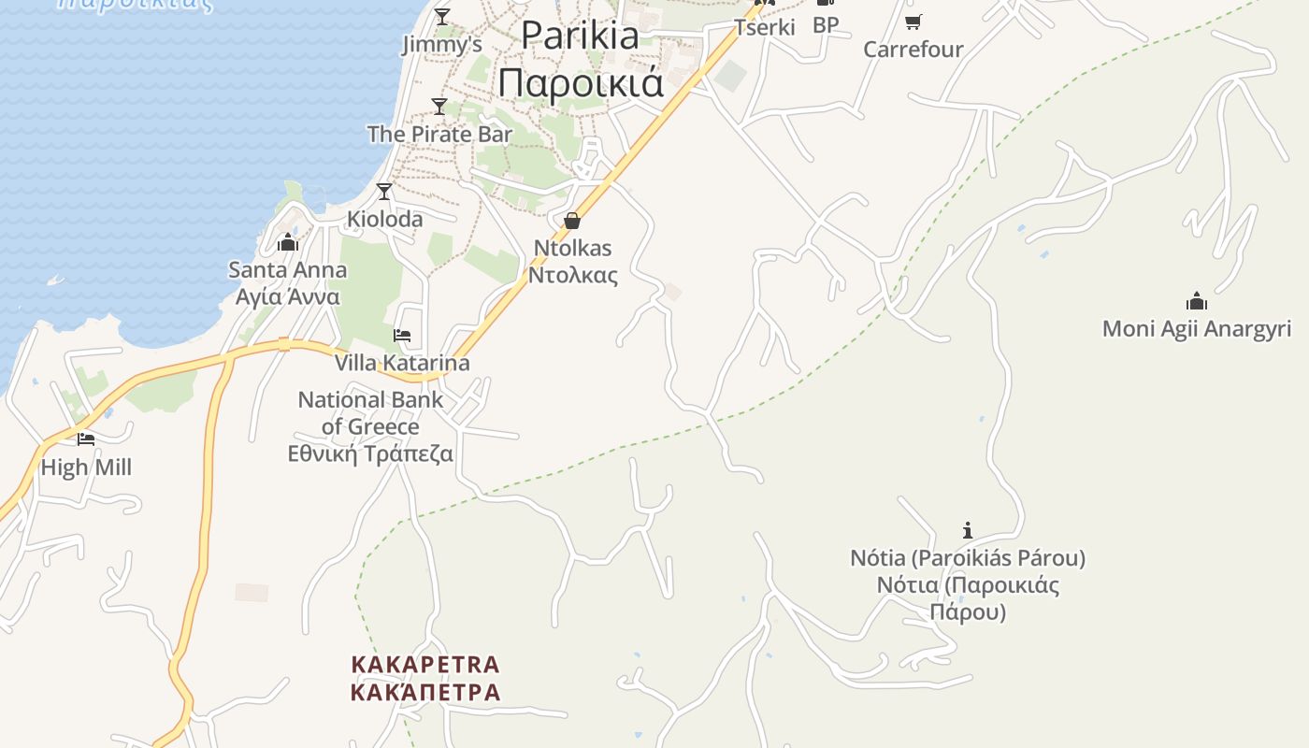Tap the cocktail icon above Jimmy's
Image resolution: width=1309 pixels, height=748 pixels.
coord(442,16)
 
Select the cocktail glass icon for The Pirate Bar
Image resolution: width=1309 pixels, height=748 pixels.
coord(439,106)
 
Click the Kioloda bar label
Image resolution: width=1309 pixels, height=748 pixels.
coord(384,219)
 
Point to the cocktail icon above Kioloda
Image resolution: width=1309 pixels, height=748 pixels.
coord(384,192)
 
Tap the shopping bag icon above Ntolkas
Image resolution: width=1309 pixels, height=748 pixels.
coord(572,221)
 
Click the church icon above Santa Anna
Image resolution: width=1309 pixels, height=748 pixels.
coord(288,243)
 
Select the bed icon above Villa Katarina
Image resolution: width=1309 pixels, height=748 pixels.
coord(402,336)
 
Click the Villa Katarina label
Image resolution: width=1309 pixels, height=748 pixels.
coord(402,362)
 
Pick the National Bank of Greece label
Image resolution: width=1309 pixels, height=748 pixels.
coord(370,426)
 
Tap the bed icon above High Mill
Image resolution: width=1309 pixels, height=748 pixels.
coord(86,439)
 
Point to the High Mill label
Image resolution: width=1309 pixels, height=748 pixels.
coord(86,467)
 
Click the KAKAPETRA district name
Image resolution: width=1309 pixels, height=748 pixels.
coord(425,678)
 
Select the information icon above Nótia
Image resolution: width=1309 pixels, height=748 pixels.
coord(968,530)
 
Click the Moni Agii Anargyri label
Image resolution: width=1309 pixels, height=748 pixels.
coord(1197,328)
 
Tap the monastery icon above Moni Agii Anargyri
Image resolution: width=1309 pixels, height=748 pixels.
coord(1197,301)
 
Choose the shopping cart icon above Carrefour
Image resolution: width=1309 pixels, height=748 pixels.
coord(913,22)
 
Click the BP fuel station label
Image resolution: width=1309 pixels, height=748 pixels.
coord(826,25)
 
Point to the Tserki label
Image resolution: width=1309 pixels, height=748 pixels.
coord(765,27)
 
